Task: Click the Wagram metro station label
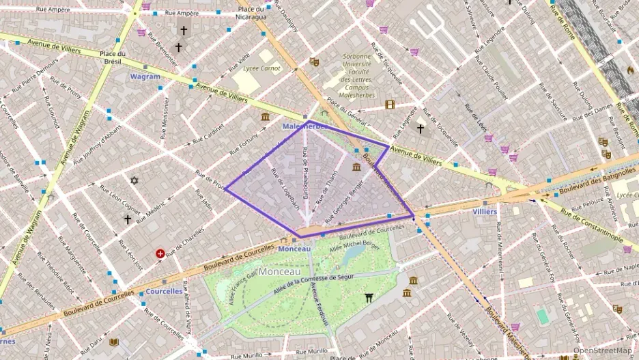pos(145,77)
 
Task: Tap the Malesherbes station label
pos(305,127)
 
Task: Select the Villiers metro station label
pos(484,212)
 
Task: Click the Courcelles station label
pos(164,291)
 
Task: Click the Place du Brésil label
pos(113,57)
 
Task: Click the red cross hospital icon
pos(160,253)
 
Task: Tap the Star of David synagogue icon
pos(134,180)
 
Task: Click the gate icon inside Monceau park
pos(369,297)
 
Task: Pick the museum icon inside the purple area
pos(356,167)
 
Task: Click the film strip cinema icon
pos(390,105)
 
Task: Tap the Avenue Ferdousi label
pos(318,304)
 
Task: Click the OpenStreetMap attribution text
pos(601,350)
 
